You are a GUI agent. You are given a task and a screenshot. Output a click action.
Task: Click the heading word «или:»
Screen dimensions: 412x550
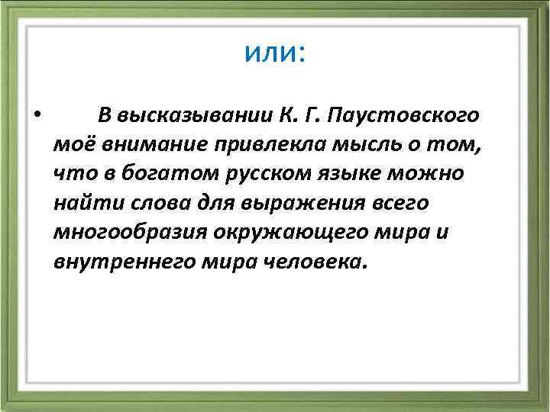click(275, 53)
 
